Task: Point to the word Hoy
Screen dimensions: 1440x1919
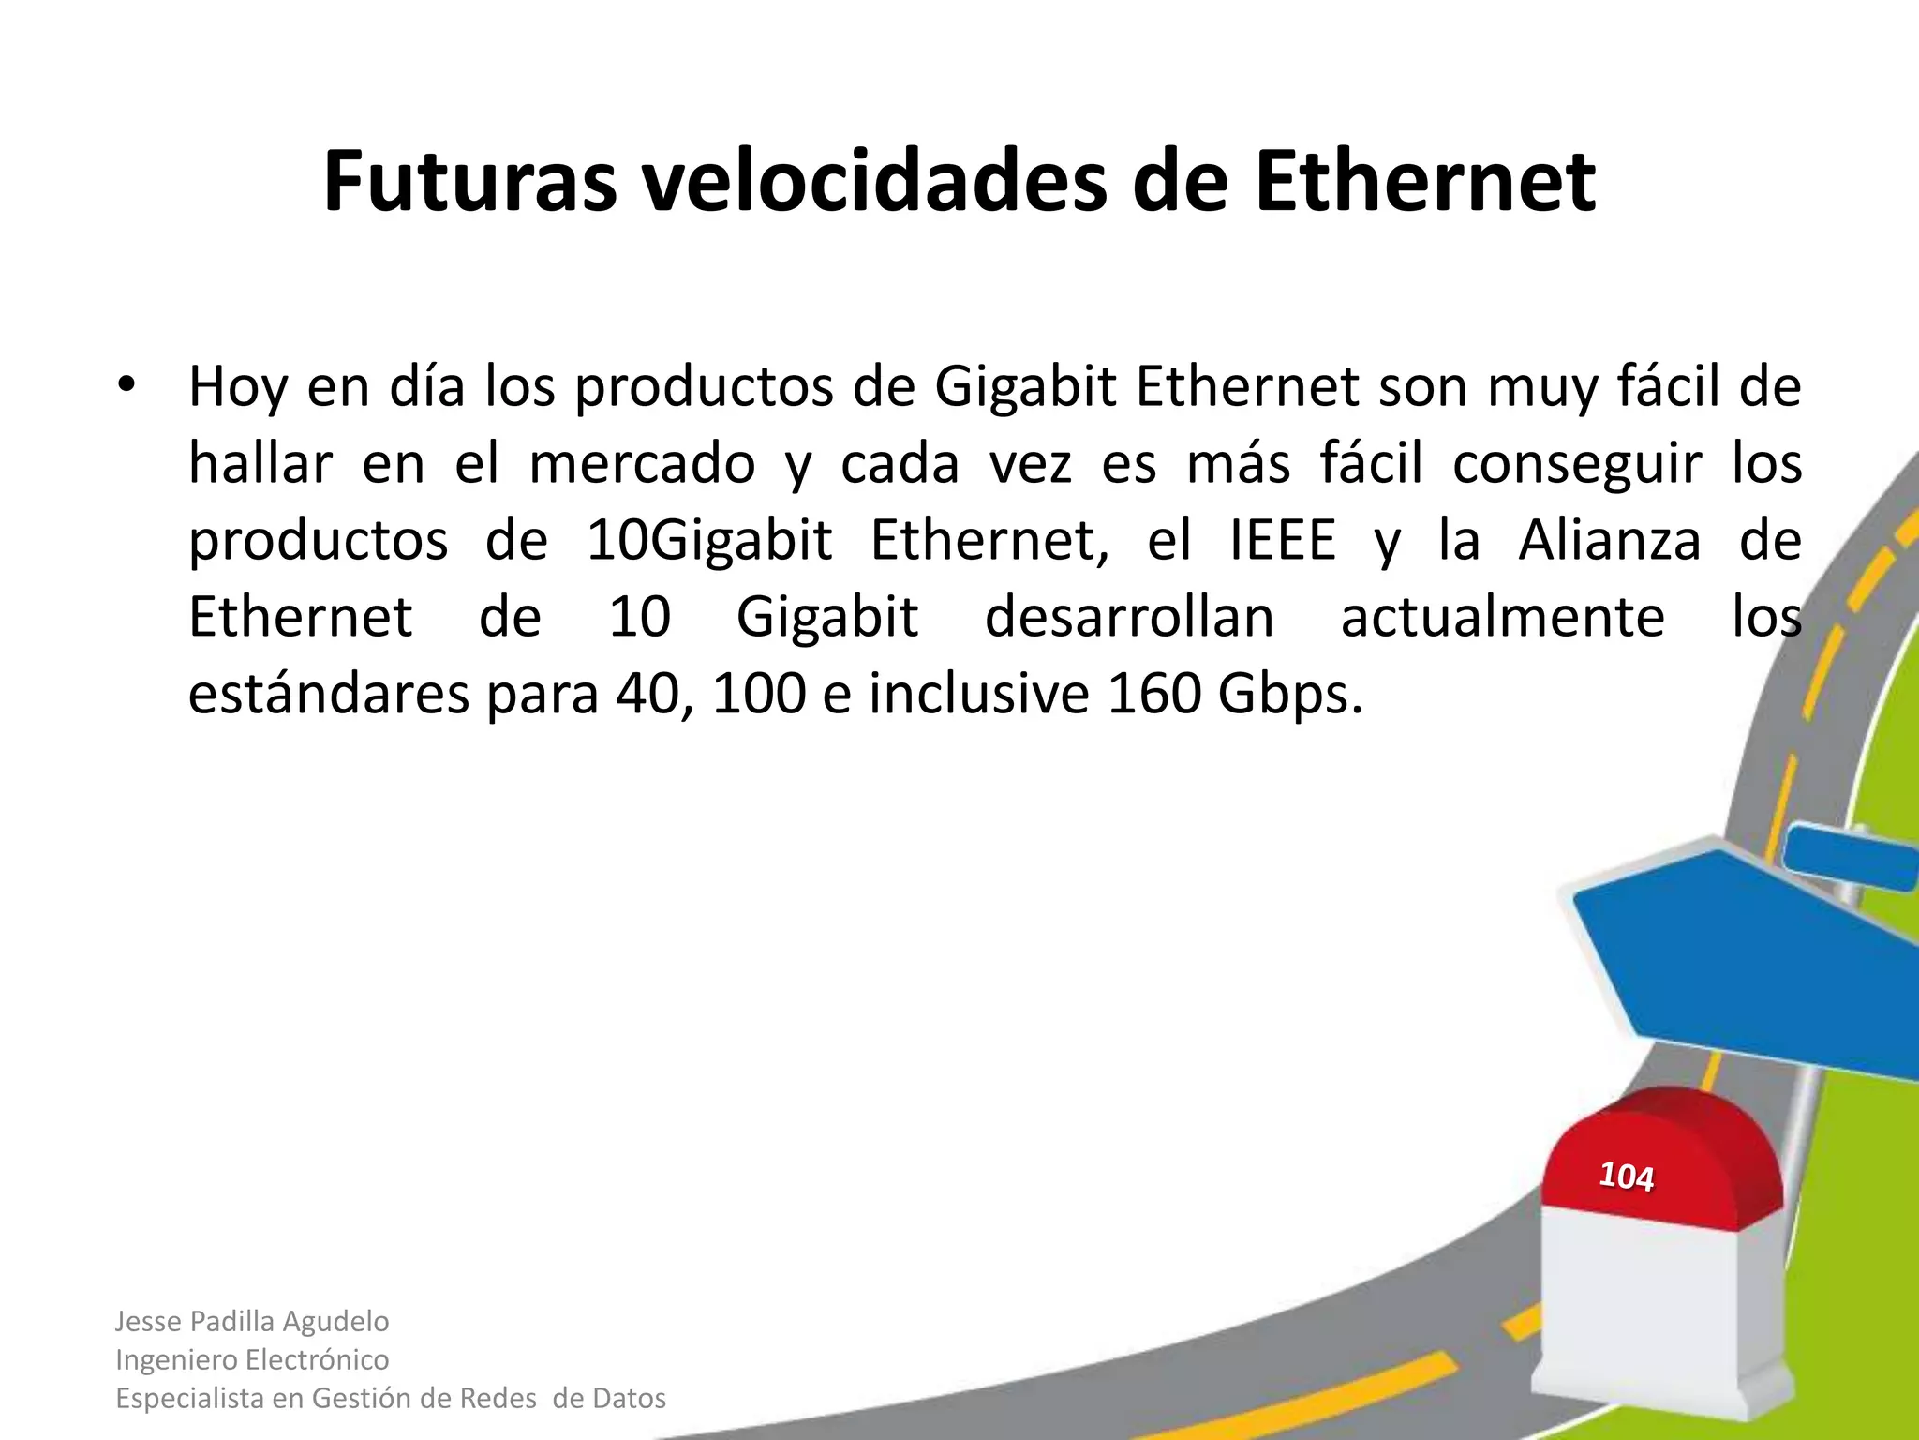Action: coord(237,387)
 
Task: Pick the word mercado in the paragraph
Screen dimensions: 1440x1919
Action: coord(642,464)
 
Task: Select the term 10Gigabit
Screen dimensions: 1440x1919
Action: coord(709,542)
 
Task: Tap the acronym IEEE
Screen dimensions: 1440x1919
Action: coord(1282,541)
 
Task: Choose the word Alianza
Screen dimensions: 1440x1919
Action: coord(1609,541)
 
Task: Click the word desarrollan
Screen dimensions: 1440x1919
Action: coord(1129,618)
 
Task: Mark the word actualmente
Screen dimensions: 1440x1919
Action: coord(1503,618)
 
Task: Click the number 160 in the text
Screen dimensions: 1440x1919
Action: coord(1153,695)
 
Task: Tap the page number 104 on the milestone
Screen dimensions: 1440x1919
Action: coord(1626,1176)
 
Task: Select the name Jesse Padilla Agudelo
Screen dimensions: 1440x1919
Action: coord(252,1321)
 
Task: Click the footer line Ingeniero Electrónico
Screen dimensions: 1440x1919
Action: coord(252,1359)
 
